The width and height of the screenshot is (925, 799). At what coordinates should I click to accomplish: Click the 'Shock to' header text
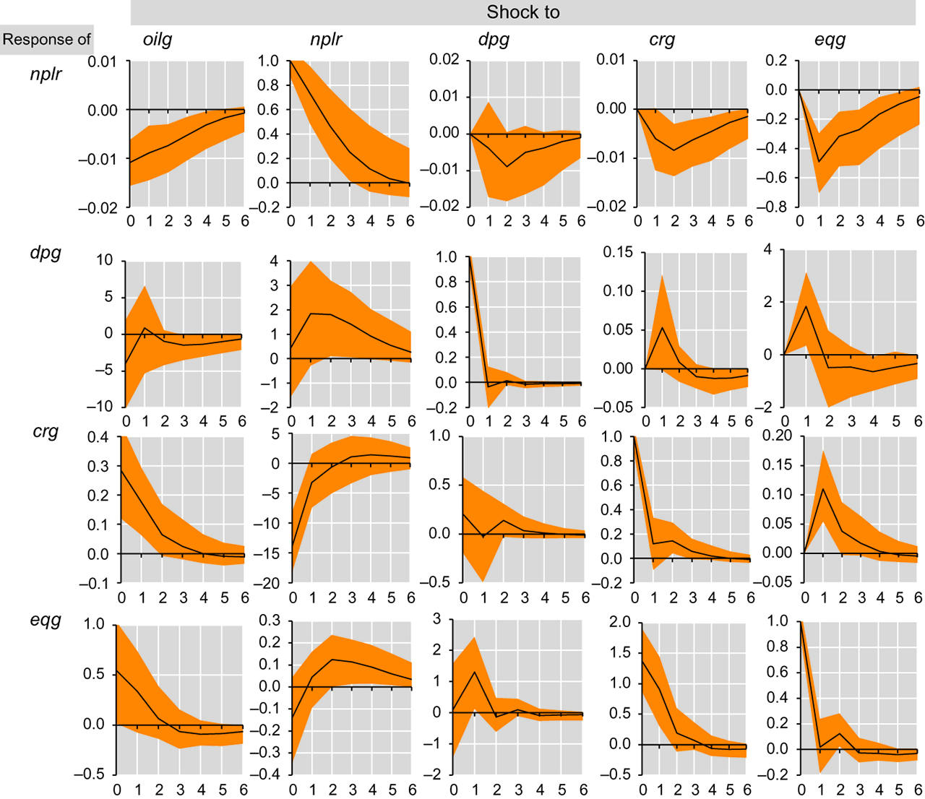(522, 12)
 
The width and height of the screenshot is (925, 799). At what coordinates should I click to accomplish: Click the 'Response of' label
(46, 39)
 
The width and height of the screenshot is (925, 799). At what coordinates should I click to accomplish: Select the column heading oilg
(158, 39)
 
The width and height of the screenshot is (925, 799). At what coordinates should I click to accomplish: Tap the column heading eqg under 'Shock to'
(830, 39)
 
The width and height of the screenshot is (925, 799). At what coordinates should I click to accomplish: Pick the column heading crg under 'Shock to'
(662, 39)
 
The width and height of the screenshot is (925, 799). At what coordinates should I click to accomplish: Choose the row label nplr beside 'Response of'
(46, 74)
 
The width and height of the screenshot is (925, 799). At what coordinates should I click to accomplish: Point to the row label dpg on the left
(46, 253)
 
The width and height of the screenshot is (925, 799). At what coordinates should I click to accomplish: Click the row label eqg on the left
(46, 620)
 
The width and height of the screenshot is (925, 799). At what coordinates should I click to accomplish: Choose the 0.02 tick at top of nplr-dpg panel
(444, 59)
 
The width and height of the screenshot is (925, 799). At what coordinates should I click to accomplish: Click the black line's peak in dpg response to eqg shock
(806, 306)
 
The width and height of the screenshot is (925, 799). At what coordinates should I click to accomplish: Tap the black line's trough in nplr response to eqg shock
(819, 162)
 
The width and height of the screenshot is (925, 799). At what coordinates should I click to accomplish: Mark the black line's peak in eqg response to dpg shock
(475, 672)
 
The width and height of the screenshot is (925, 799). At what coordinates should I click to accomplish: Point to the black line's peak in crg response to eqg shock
(823, 489)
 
